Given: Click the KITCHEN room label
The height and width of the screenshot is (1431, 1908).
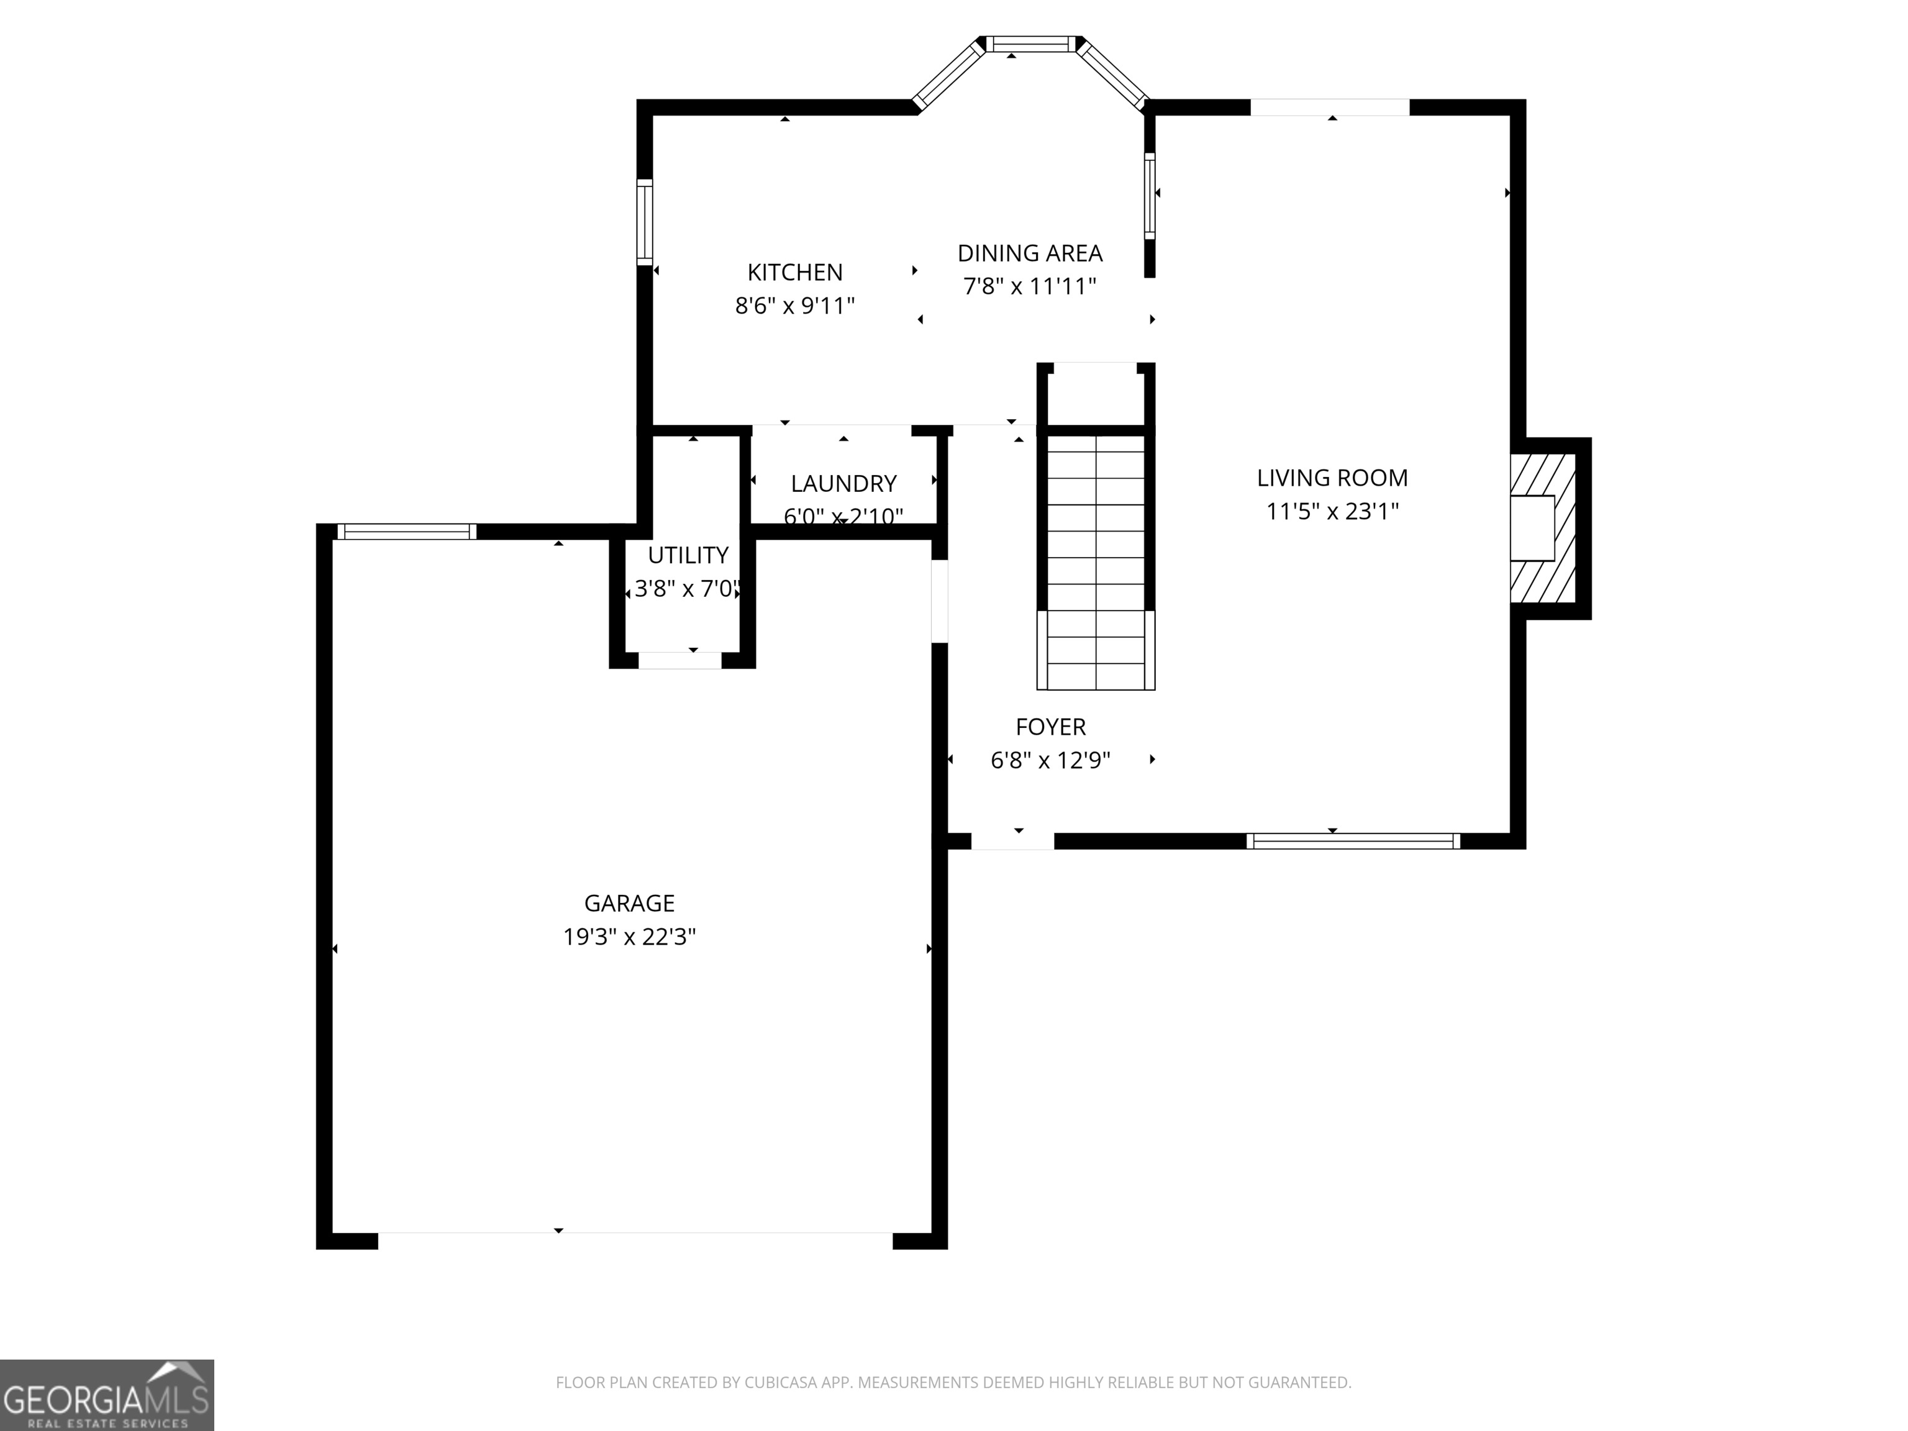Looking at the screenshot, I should click(x=794, y=273).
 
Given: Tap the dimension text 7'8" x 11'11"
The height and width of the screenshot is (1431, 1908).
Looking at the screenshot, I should click(x=1029, y=286).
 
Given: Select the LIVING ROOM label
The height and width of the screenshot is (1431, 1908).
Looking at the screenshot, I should click(x=1332, y=478).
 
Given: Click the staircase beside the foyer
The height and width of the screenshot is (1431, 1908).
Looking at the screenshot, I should click(x=1096, y=561).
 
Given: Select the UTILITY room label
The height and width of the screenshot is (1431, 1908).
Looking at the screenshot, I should click(x=688, y=555).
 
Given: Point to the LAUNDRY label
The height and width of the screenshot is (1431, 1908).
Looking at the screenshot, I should click(x=843, y=483).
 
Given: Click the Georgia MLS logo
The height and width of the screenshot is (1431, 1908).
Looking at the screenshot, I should click(x=106, y=1395).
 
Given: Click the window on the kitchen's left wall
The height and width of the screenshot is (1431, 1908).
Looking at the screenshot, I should click(x=644, y=222).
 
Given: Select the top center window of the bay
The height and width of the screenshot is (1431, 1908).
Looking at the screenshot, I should click(x=1031, y=44).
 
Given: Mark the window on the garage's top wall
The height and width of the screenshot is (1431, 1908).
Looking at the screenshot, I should click(x=406, y=531).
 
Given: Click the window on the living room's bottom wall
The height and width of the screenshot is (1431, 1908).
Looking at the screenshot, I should click(x=1353, y=841).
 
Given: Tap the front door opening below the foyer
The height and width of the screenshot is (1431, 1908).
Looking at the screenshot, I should click(x=1012, y=841).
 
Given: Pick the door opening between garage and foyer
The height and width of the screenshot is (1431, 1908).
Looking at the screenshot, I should click(x=940, y=601).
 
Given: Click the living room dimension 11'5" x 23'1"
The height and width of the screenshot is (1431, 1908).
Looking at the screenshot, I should click(x=1332, y=512).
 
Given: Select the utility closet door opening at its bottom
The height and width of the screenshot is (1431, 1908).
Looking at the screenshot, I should click(x=679, y=661).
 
